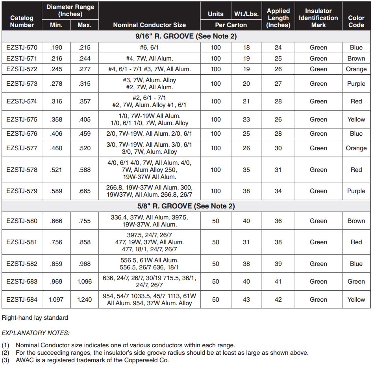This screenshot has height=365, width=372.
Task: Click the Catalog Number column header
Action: pyautogui.click(x=22, y=21)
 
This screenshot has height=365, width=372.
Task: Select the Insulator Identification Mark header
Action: pyautogui.click(x=318, y=18)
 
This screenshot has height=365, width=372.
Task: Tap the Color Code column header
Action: pyautogui.click(x=356, y=21)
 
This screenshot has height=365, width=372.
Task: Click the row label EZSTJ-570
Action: pyautogui.click(x=22, y=48)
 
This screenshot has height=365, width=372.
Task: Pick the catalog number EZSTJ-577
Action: pyautogui.click(x=22, y=148)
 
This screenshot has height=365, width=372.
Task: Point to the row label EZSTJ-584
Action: pyautogui.click(x=22, y=299)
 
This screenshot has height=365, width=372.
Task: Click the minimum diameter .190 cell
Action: pyautogui.click(x=56, y=48)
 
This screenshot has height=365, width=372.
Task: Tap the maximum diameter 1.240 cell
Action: pyautogui.click(x=84, y=299)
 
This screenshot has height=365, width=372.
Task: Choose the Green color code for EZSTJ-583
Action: pyautogui.click(x=356, y=281)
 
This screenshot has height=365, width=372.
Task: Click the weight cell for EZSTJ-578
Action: pyautogui.click(x=246, y=170)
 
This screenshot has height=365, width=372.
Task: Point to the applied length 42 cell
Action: pyautogui.click(x=278, y=299)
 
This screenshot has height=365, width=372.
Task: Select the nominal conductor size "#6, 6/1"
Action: pyautogui.click(x=149, y=48)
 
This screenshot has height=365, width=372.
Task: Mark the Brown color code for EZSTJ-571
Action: pyautogui.click(x=356, y=58)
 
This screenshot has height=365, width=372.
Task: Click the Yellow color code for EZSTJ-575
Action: pyautogui.click(x=356, y=120)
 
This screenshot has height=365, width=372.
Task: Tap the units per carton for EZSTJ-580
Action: pyautogui.click(x=215, y=221)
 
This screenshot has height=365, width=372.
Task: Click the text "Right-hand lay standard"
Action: pyautogui.click(x=35, y=317)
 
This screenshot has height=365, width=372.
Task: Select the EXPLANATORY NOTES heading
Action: pyautogui.click(x=35, y=333)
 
